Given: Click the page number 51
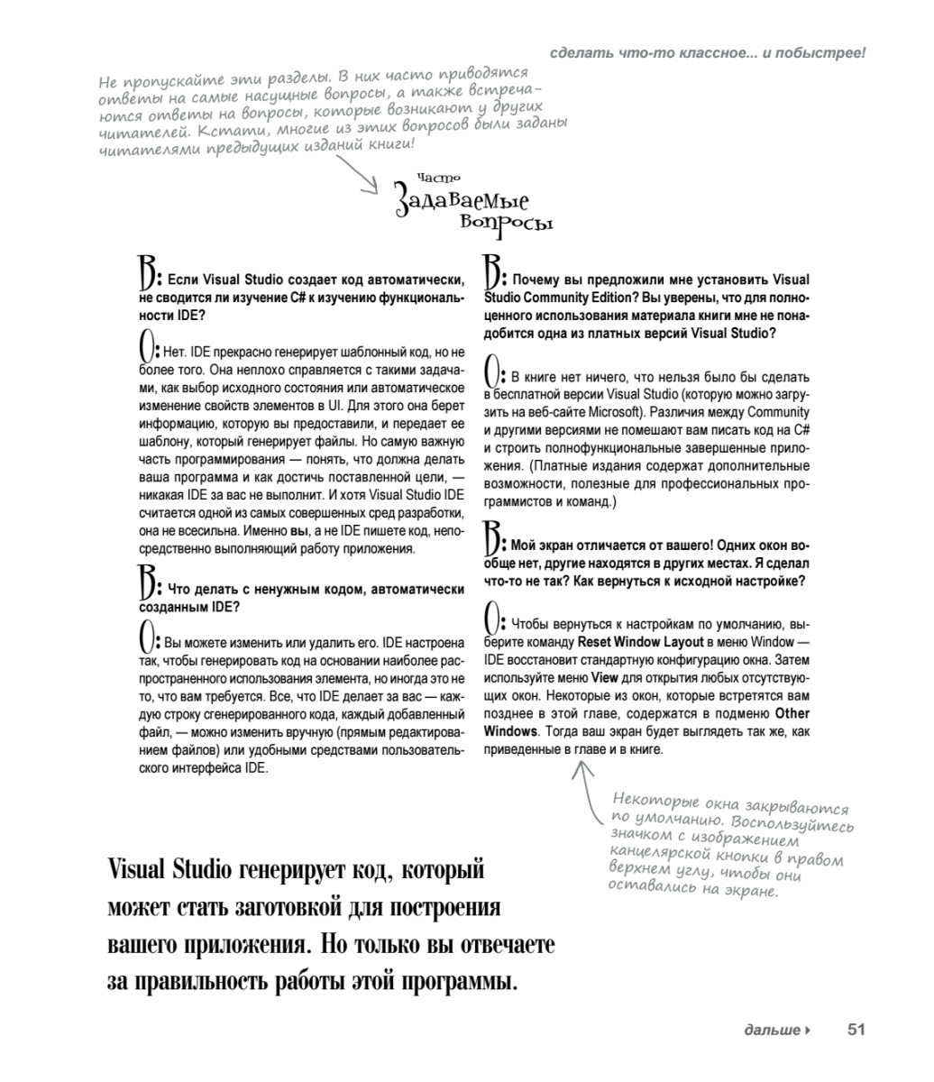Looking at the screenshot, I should click(856, 1029).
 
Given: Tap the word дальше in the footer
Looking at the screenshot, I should click(772, 1030).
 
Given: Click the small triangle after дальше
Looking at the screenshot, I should click(808, 1030).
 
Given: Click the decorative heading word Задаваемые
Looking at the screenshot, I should click(461, 200).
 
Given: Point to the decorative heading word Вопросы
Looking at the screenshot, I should click(506, 222).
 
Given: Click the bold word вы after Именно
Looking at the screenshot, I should click(301, 532).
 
